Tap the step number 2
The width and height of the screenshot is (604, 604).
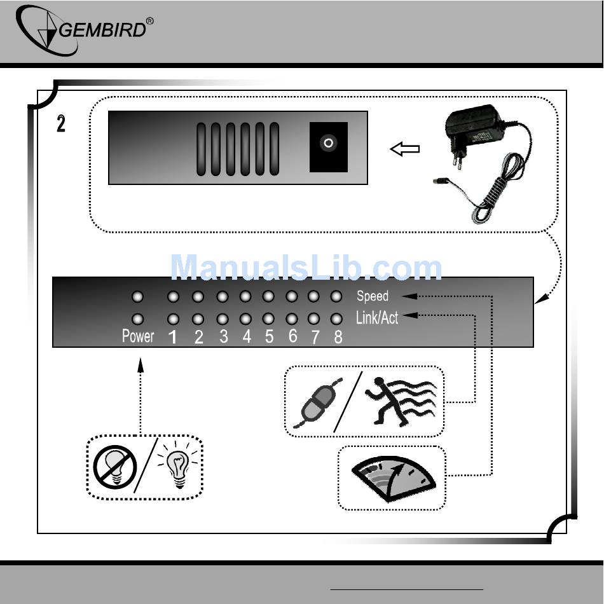[61, 124]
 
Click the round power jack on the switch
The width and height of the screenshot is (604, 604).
[328, 144]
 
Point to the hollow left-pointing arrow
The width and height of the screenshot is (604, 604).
[405, 149]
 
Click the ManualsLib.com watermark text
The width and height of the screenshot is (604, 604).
[306, 268]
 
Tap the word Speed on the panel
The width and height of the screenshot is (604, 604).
[373, 296]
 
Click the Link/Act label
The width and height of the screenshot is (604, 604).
[377, 317]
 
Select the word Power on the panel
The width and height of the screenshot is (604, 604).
[138, 336]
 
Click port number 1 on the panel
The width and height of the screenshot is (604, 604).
[174, 338]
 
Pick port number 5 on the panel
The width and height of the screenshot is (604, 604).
[269, 337]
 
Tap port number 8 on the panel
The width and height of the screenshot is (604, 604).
[338, 338]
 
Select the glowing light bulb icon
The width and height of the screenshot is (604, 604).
[179, 466]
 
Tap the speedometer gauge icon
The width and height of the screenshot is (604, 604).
[394, 479]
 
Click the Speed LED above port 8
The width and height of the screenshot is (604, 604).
[336, 296]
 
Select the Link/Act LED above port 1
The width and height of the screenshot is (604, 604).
[174, 319]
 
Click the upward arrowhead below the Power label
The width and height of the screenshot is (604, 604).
[141, 365]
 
